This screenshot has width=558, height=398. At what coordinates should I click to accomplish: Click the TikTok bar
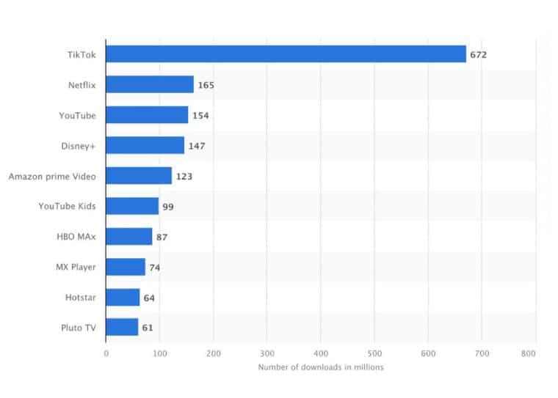286,54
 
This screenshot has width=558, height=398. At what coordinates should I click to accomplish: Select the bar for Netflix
150,84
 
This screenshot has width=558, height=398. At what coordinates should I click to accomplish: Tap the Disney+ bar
145,145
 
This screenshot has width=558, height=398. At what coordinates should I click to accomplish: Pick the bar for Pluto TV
122,327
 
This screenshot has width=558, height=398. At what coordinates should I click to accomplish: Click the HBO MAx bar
128,236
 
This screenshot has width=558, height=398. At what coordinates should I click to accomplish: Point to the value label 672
479,54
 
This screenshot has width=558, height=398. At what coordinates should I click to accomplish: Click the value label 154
200,115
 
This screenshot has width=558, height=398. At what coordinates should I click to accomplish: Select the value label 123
184,176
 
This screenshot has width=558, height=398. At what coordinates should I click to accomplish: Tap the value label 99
168,207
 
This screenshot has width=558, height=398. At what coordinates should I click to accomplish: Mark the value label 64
149,298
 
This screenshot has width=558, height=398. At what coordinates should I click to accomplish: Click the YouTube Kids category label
67,206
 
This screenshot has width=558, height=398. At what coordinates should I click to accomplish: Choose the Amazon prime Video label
52,176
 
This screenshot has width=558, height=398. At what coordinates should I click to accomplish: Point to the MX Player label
75,267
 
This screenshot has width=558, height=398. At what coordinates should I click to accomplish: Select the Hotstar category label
81,297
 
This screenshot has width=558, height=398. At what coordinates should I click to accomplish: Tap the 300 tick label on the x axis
267,353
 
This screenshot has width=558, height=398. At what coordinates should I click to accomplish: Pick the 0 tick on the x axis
106,353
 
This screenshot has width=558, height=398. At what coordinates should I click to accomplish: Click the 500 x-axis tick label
374,353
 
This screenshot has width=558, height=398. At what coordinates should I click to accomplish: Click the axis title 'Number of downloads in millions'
321,367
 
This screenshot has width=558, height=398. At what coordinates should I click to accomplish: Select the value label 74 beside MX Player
154,268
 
